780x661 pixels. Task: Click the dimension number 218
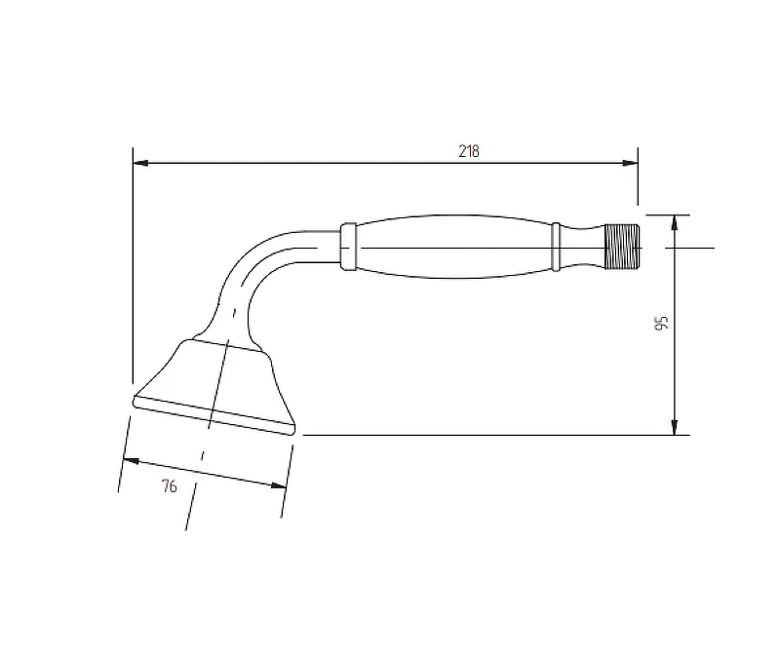point(469,151)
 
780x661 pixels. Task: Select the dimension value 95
point(661,324)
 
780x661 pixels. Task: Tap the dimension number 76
point(169,486)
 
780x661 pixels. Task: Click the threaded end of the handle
point(622,247)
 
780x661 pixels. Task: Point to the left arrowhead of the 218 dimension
point(140,163)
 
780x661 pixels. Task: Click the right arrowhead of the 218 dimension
point(630,163)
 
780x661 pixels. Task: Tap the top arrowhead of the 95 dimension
point(675,223)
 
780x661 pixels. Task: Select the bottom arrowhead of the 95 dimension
point(675,427)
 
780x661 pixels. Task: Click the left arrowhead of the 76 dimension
point(131,461)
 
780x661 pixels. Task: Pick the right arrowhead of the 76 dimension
point(279,486)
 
